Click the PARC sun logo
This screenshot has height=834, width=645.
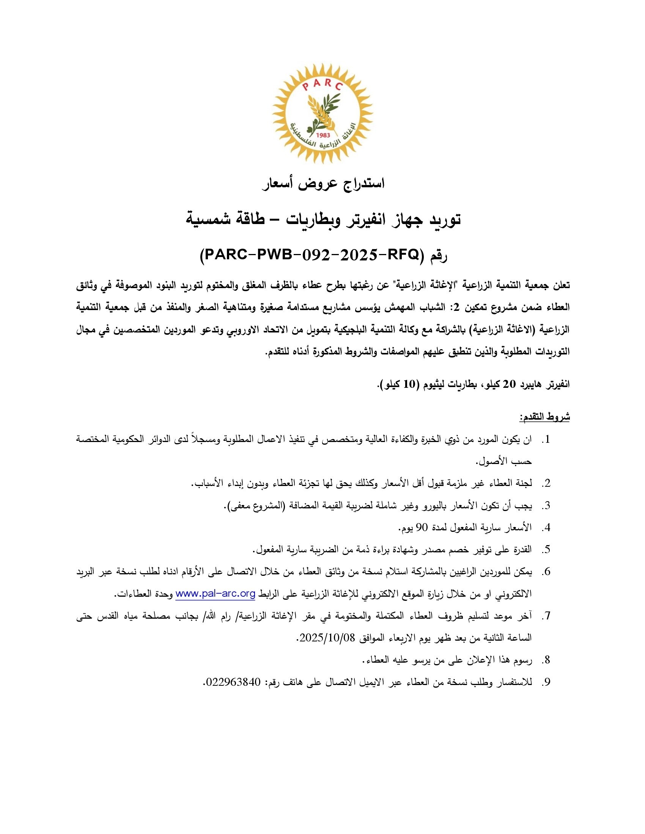[322, 113]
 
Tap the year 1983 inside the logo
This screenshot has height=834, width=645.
[323, 135]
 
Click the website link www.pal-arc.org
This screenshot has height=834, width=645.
[215, 594]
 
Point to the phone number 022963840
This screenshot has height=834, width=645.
[233, 682]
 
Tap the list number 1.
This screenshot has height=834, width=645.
[547, 439]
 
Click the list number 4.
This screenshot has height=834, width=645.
[547, 528]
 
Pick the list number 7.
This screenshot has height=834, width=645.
[547, 616]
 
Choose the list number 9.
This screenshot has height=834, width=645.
[547, 682]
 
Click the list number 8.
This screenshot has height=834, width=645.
[547, 660]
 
